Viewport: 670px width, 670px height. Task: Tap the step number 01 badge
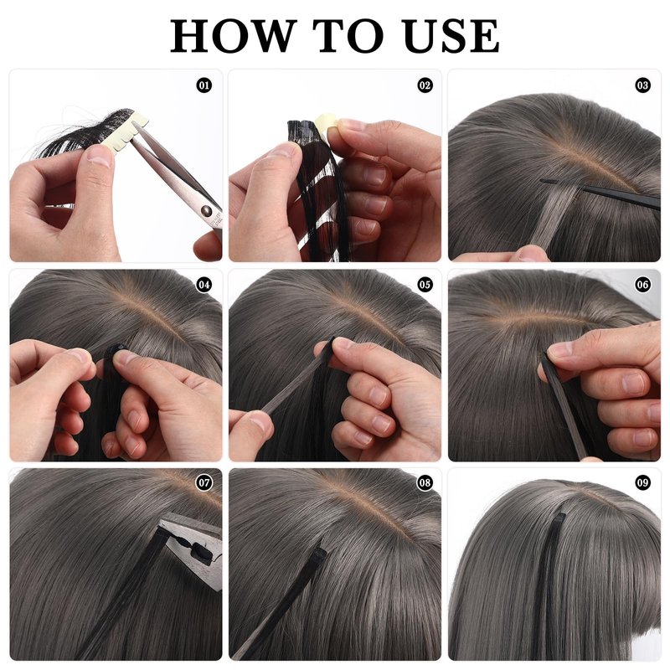pyautogui.click(x=204, y=85)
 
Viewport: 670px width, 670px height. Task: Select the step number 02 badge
pyautogui.click(x=425, y=85)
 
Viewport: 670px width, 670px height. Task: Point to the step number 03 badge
pyautogui.click(x=643, y=85)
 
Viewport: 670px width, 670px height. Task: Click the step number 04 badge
pyautogui.click(x=204, y=285)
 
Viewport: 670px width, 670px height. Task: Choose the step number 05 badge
pyautogui.click(x=425, y=285)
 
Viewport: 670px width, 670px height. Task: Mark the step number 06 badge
pyautogui.click(x=643, y=285)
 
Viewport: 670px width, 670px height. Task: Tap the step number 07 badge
pyautogui.click(x=204, y=483)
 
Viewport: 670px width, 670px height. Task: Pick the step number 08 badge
pyautogui.click(x=425, y=483)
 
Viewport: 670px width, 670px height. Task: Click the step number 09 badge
pyautogui.click(x=643, y=483)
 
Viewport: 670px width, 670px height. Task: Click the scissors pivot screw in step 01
pyautogui.click(x=207, y=210)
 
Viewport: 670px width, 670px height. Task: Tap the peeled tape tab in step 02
pyautogui.click(x=327, y=126)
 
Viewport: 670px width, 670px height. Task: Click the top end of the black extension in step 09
pyautogui.click(x=559, y=516)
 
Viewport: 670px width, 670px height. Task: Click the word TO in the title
pyautogui.click(x=349, y=36)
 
